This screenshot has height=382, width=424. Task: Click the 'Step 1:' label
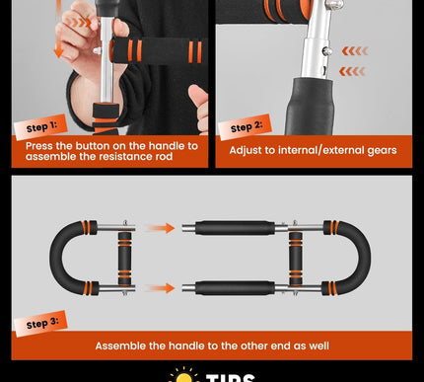pos(40,125)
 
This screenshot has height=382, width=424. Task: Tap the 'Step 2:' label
pos(247,127)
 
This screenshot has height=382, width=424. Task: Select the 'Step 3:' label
pos(42,324)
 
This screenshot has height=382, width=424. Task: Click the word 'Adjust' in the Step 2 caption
pos(247,150)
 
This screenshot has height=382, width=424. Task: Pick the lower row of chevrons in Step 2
pos(353,71)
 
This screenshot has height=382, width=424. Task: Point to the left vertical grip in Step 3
pos(125,259)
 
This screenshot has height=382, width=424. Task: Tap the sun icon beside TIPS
pos(184,376)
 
